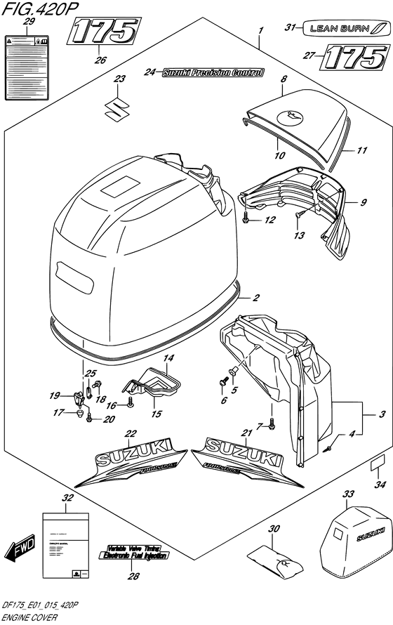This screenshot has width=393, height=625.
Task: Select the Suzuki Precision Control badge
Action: tap(212, 72)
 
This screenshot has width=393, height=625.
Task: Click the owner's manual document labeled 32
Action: tap(65, 539)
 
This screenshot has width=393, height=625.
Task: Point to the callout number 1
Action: tap(260, 31)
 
